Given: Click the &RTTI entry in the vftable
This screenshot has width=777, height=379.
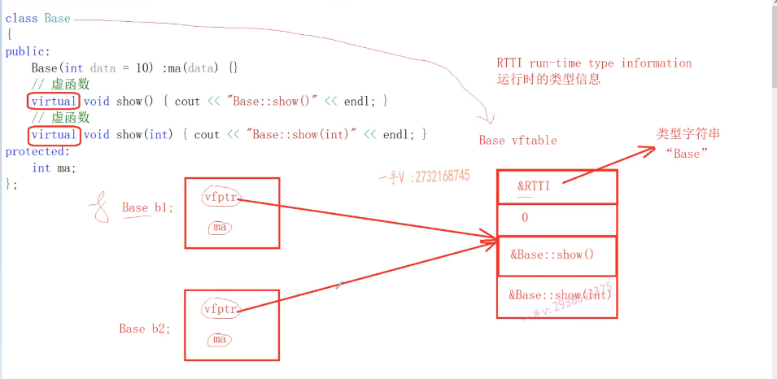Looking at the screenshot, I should (534, 186).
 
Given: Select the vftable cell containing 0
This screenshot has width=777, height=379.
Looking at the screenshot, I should (525, 217).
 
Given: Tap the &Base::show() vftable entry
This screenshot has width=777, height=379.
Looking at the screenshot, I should (552, 255).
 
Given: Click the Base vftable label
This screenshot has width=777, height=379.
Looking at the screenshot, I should (517, 140).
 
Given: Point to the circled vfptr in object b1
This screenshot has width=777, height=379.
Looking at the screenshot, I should (220, 197).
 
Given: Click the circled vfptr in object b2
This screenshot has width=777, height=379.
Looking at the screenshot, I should (220, 309).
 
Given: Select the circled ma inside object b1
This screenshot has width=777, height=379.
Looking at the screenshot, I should (220, 228).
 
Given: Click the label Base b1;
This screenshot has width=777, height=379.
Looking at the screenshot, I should (147, 207).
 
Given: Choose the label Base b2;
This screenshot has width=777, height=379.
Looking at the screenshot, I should (145, 329).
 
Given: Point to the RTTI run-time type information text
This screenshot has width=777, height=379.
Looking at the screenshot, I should (594, 63).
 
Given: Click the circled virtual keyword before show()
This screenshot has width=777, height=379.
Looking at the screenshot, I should (54, 101).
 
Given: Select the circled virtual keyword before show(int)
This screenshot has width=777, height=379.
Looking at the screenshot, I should (54, 134).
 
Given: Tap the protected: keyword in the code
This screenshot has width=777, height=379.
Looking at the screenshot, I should (34, 151).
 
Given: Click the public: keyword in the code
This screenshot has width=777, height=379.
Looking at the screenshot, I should (28, 50).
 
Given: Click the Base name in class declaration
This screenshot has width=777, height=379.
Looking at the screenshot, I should (57, 18).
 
